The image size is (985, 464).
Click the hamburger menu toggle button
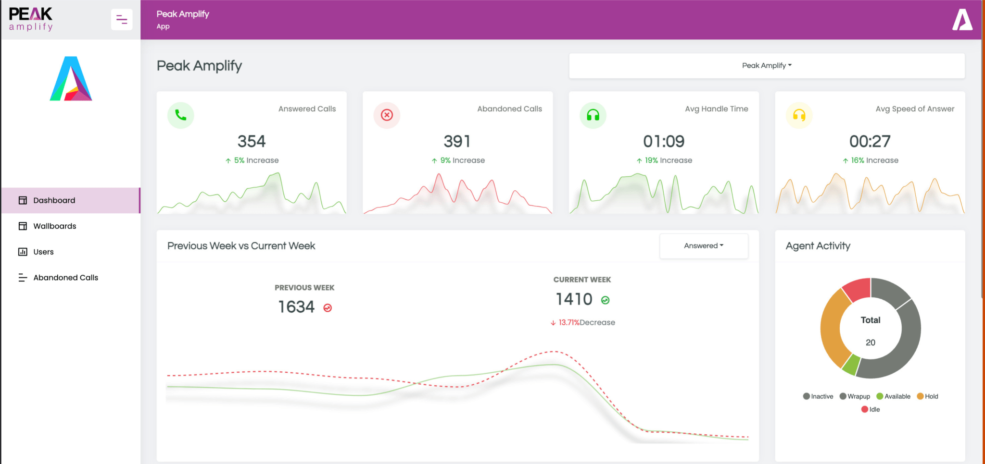pyautogui.click(x=122, y=20)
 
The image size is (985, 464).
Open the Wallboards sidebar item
pyautogui.click(x=54, y=226)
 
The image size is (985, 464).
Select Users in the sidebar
pyautogui.click(x=43, y=252)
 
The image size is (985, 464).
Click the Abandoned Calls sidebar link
pyautogui.click(x=65, y=278)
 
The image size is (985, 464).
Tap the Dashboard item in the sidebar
pyautogui.click(x=54, y=200)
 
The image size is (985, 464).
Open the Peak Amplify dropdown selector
pyautogui.click(x=767, y=66)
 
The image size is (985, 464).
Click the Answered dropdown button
pyautogui.click(x=704, y=246)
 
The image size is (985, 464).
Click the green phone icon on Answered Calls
pyautogui.click(x=180, y=115)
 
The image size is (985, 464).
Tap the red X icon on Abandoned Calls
pyautogui.click(x=387, y=115)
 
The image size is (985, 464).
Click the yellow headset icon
pyautogui.click(x=799, y=115)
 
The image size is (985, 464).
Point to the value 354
pyautogui.click(x=252, y=141)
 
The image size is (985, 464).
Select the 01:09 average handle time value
pyautogui.click(x=664, y=141)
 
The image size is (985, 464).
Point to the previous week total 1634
pyautogui.click(x=296, y=307)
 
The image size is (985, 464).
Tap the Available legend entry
pyautogui.click(x=894, y=397)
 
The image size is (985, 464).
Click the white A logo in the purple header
pyautogui.click(x=962, y=20)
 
